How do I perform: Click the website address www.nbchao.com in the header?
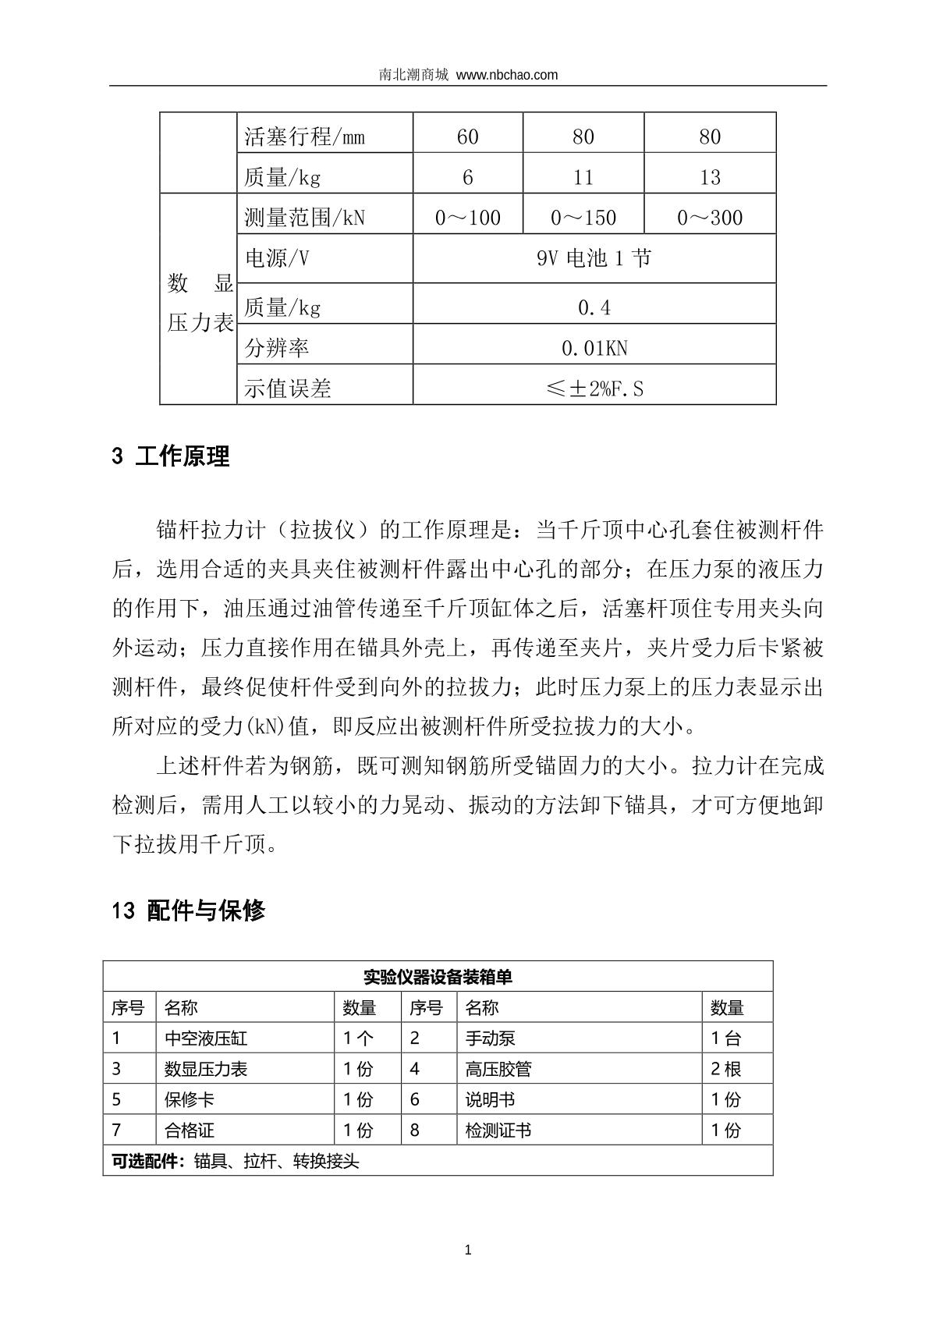point(507,75)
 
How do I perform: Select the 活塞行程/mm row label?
point(304,137)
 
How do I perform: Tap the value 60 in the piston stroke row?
point(467,137)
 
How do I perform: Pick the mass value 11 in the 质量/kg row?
point(583,178)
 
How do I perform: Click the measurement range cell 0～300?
point(709,218)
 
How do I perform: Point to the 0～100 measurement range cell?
point(467,218)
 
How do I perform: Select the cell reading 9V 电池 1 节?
point(594,258)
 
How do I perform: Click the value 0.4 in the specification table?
point(594,308)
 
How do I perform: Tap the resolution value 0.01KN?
point(594,348)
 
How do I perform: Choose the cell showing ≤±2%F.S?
point(594,389)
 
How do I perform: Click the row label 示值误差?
point(288,389)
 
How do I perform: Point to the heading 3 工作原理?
point(171,456)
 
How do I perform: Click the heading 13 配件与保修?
point(189,910)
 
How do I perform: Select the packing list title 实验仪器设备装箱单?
point(438,977)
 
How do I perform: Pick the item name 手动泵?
point(490,1038)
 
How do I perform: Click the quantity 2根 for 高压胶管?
point(725,1069)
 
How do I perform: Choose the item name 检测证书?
point(498,1130)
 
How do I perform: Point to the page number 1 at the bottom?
point(468,1250)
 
